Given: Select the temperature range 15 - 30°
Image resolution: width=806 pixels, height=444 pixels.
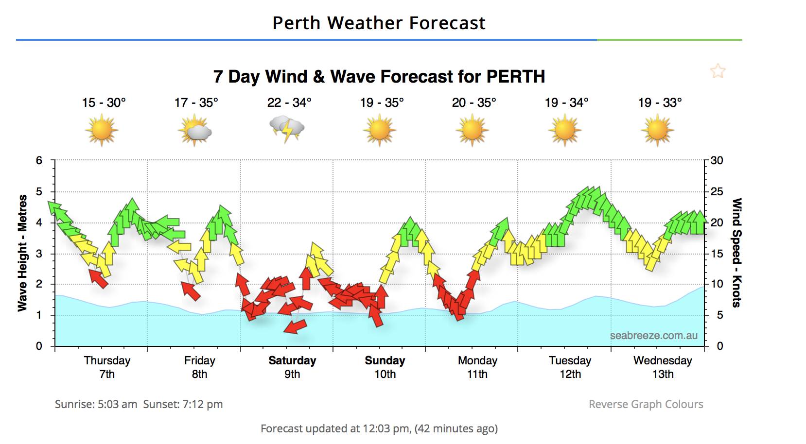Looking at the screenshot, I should point(104,103).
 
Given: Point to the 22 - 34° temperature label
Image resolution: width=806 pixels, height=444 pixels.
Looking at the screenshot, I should point(289,103).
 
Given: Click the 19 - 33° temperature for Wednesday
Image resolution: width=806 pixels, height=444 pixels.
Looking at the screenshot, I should point(660,103).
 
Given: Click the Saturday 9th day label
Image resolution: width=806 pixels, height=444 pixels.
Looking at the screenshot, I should point(292,367).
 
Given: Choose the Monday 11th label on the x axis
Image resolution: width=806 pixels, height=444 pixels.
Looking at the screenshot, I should point(477,367).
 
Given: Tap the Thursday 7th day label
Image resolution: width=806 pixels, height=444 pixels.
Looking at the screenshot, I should point(107,367).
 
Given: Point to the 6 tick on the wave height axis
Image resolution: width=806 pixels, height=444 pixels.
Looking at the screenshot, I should point(39,161).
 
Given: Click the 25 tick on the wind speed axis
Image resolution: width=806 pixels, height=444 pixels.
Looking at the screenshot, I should point(717,192).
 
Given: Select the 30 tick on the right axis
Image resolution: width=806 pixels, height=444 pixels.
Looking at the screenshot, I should point(717,161).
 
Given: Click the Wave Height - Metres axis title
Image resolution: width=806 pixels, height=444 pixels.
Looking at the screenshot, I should point(22,253).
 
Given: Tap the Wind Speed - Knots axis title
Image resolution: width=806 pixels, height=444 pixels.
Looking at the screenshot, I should point(737,253).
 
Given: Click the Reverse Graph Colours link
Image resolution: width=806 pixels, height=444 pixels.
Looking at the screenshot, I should point(646,404).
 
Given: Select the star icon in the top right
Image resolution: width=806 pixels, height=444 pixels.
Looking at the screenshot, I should point(718,71).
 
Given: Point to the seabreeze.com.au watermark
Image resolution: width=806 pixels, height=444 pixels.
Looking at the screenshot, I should point(653,336).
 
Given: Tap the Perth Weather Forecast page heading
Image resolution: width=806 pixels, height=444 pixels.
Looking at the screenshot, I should point(379,23).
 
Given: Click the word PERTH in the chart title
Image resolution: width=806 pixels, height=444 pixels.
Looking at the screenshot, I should point(515,77).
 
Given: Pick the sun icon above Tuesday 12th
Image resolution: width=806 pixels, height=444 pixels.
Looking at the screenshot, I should point(565,130).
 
